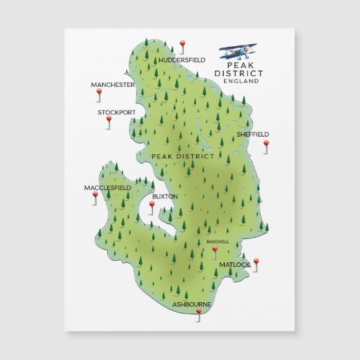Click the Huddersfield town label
point(181,60)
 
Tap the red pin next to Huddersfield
point(182,46)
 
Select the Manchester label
point(113,85)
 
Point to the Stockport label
point(116,112)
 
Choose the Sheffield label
point(253,134)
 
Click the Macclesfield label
point(107,187)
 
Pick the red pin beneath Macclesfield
point(95,195)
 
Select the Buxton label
point(165,196)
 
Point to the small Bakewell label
point(218,241)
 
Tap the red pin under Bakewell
point(215,250)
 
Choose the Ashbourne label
point(192,304)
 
